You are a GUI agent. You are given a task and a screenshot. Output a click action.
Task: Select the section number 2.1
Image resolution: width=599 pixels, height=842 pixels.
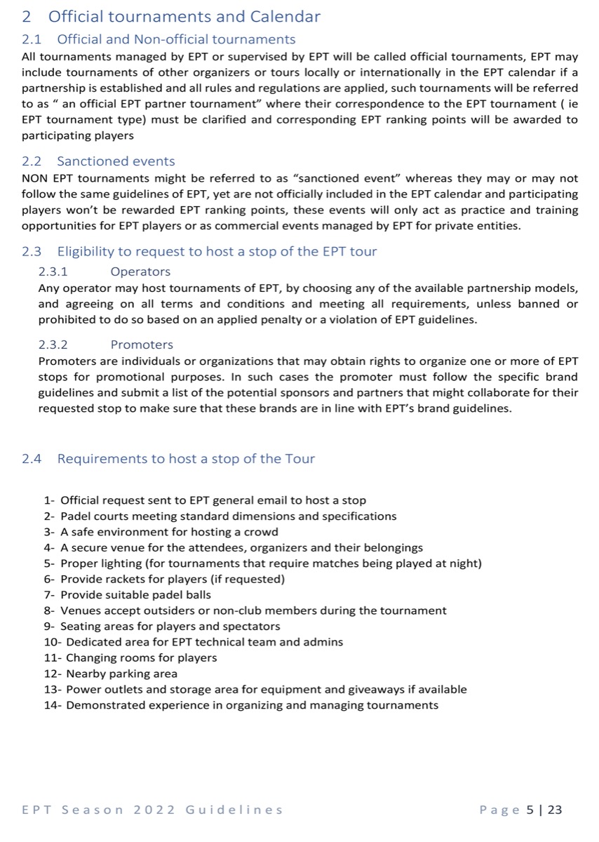pyautogui.click(x=32, y=39)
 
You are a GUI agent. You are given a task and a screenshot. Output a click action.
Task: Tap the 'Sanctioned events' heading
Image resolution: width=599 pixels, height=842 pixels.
pyautogui.click(x=116, y=161)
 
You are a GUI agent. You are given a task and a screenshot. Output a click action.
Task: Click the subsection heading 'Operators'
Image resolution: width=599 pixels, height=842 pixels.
pyautogui.click(x=140, y=272)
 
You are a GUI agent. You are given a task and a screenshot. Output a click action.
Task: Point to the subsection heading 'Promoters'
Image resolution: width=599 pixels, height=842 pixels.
pyautogui.click(x=142, y=345)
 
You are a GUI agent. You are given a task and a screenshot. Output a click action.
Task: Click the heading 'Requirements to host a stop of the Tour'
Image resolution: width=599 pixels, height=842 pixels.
pyautogui.click(x=186, y=459)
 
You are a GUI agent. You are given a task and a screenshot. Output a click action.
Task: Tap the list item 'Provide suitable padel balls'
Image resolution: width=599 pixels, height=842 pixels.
pyautogui.click(x=135, y=595)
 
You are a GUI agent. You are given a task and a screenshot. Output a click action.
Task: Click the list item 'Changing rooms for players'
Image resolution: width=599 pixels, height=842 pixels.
pyautogui.click(x=141, y=657)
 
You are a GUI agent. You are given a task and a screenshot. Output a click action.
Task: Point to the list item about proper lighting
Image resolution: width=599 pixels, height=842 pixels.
pyautogui.click(x=271, y=563)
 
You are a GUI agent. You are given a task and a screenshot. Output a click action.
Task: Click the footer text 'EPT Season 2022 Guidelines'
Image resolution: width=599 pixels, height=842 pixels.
pyautogui.click(x=152, y=810)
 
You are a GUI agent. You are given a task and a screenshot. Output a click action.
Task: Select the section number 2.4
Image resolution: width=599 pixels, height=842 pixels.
pyautogui.click(x=32, y=459)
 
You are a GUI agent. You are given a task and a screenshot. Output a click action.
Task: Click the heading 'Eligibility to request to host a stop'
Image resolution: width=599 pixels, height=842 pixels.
pyautogui.click(x=217, y=252)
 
